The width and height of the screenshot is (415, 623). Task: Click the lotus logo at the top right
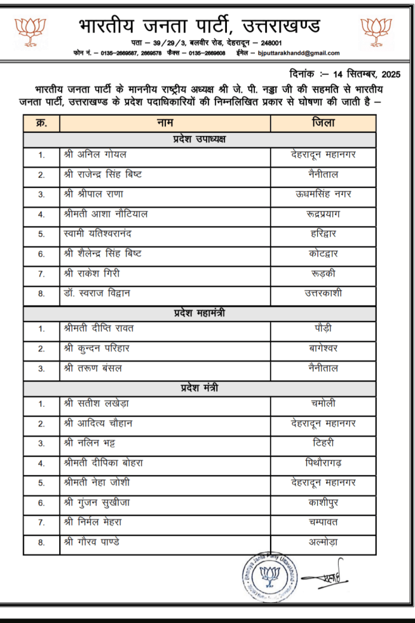click(376, 32)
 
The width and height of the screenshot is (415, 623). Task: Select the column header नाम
click(165, 122)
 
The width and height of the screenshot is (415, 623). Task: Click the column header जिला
click(323, 122)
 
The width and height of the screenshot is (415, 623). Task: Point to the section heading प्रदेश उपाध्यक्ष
click(200, 139)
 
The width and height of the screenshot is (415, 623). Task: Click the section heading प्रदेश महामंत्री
click(200, 313)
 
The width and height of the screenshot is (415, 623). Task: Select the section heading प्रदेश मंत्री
click(200, 387)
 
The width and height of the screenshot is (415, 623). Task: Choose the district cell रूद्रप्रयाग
click(323, 214)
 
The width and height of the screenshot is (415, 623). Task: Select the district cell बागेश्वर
click(323, 348)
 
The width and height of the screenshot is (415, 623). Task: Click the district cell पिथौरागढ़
click(323, 463)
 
